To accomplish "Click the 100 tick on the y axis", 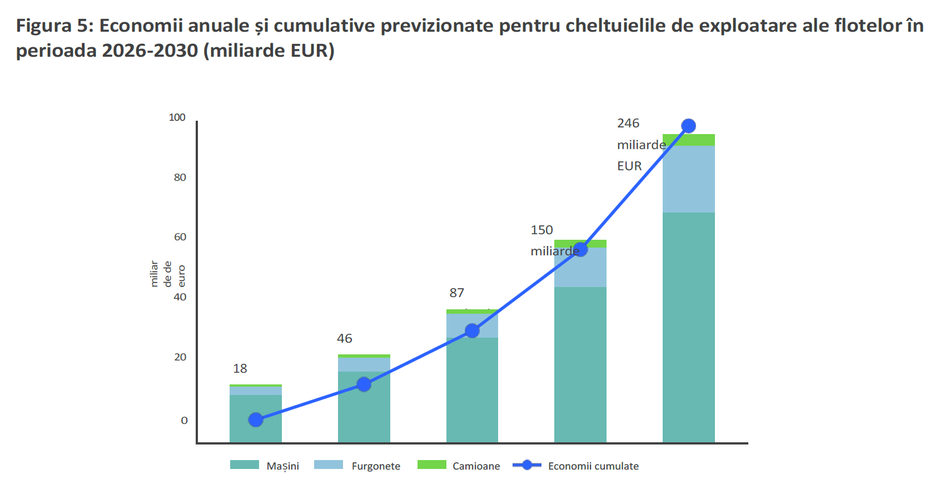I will (177, 117).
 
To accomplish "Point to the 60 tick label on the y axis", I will (180, 237).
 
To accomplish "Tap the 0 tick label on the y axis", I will (184, 421).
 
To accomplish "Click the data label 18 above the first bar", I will (240, 368).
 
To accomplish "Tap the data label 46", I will (344, 338).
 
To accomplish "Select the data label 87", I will (456, 293).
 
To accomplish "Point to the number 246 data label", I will (628, 124).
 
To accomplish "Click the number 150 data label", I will (541, 230).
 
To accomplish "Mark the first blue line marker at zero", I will (256, 420).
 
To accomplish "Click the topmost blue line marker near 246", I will (688, 126).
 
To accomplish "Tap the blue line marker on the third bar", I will (472, 331).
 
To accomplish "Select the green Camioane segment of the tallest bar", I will (700, 140).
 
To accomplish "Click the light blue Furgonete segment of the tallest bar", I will (688, 179).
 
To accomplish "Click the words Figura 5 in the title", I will (52, 26).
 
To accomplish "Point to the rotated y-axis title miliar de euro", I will (167, 274).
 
